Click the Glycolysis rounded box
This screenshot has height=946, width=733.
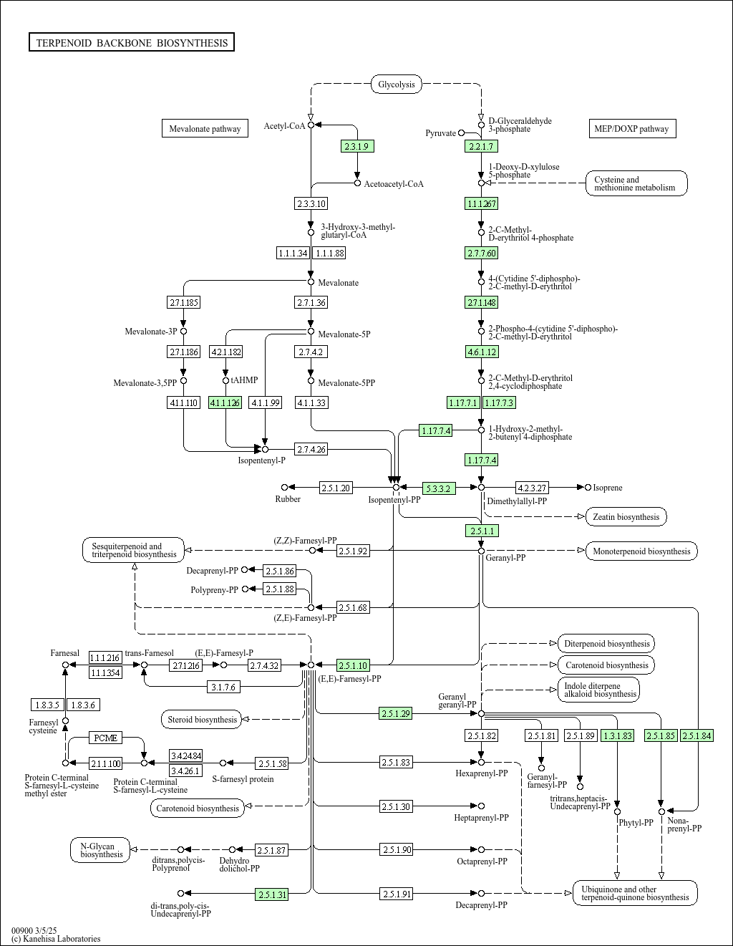click(x=396, y=85)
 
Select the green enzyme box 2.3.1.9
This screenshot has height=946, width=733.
click(x=356, y=146)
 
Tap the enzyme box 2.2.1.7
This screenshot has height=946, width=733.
click(x=481, y=146)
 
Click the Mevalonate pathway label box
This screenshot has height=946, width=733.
click(x=205, y=129)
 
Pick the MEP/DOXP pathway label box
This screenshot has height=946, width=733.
click(x=631, y=129)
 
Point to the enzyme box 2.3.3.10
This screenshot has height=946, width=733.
click(x=311, y=203)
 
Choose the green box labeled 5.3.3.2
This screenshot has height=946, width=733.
click(x=438, y=488)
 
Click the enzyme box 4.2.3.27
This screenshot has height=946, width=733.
click(x=532, y=488)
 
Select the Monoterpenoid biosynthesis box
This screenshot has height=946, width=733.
click(x=641, y=551)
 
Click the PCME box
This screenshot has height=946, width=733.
click(x=105, y=738)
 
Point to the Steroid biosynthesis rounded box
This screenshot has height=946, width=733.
click(x=202, y=719)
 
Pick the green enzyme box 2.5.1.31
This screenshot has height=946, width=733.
click(x=272, y=894)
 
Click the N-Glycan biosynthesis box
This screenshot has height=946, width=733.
click(x=102, y=850)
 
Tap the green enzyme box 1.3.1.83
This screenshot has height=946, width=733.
click(x=617, y=735)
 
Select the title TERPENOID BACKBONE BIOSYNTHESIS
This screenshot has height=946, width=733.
click(x=132, y=43)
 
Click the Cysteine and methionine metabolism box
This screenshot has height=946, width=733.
click(x=636, y=183)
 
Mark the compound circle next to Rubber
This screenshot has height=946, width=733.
click(x=284, y=488)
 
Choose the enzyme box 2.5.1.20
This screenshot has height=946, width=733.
click(x=336, y=488)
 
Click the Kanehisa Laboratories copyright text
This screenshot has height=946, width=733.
click(x=56, y=938)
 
